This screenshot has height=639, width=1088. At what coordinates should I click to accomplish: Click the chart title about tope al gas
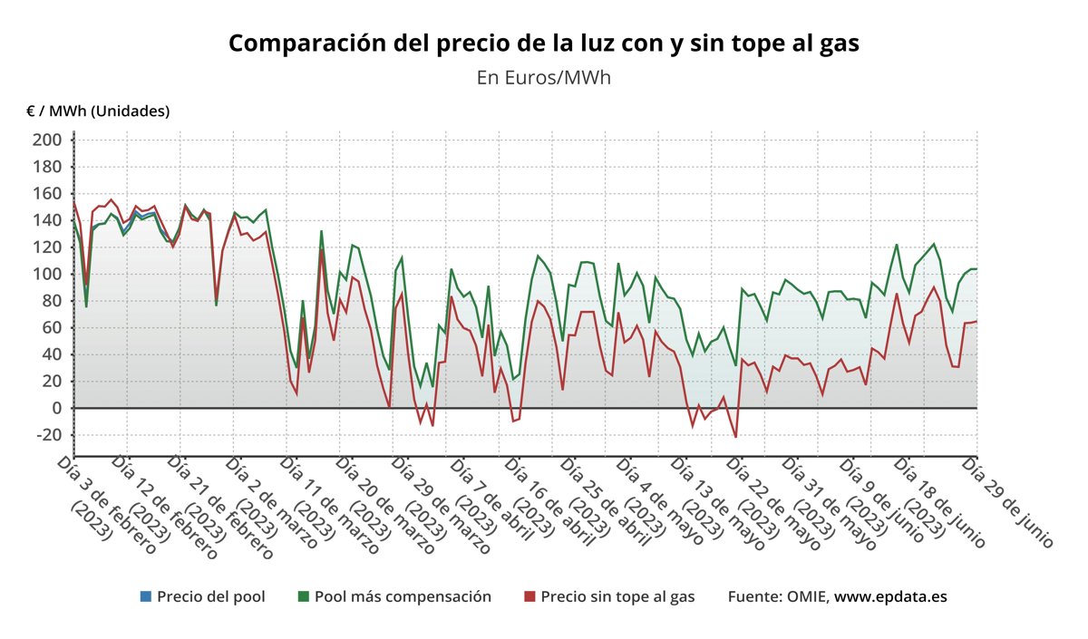point(543,44)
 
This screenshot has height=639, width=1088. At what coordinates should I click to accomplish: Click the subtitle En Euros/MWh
point(543,77)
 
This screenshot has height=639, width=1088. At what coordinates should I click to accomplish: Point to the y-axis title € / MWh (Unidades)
point(98,111)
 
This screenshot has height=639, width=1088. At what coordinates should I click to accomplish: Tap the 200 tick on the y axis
point(47,140)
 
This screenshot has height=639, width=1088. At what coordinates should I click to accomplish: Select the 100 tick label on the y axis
point(47,274)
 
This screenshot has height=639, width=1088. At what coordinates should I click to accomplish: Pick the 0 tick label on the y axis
point(55,408)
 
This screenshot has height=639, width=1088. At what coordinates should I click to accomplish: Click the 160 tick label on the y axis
point(47,194)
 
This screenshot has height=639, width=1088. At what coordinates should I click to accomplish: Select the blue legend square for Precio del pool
point(146,596)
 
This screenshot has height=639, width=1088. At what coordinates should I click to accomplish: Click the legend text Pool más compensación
point(403,596)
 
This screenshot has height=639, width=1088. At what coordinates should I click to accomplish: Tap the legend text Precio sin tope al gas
point(617,596)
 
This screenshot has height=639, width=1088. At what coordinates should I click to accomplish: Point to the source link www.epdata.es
point(891,596)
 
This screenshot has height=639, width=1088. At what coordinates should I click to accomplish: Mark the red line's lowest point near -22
point(735,437)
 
